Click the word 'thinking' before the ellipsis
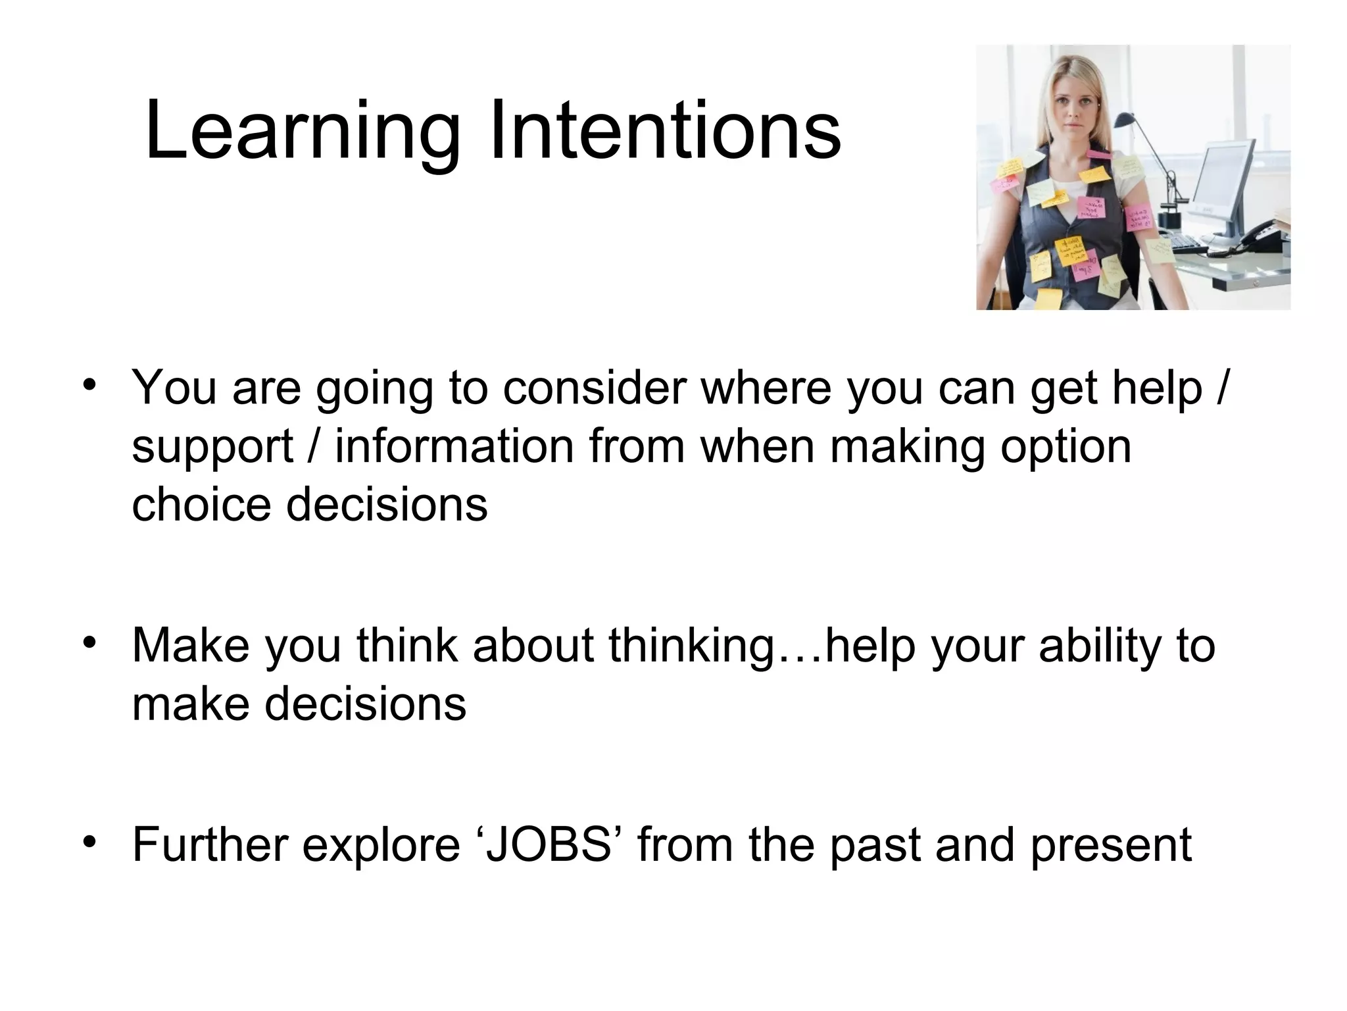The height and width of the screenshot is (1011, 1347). pyautogui.click(x=690, y=646)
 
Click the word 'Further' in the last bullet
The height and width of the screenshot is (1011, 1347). pyautogui.click(x=208, y=844)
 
